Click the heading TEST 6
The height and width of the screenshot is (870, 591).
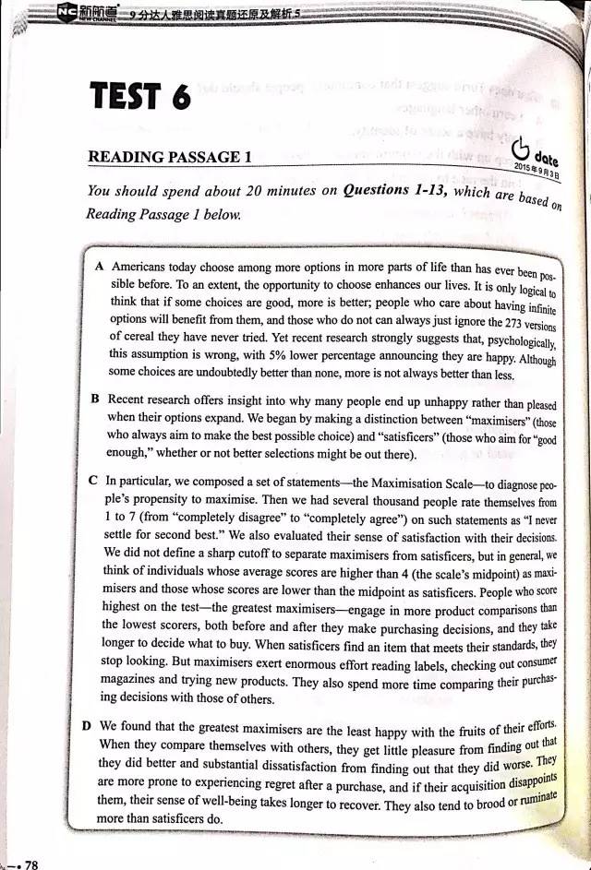[140, 97]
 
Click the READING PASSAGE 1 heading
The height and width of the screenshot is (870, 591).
[170, 158]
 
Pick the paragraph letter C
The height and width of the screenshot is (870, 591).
[92, 481]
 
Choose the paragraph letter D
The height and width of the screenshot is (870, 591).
[87, 726]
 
